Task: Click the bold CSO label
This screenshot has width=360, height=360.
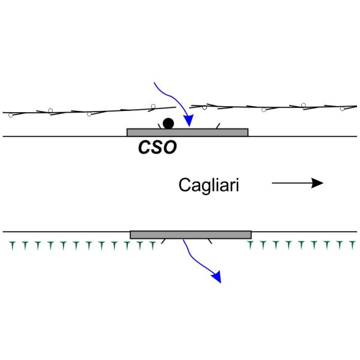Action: pyautogui.click(x=158, y=147)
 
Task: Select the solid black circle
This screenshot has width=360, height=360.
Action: pyautogui.click(x=169, y=123)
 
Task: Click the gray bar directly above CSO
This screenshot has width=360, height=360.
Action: pyautogui.click(x=187, y=132)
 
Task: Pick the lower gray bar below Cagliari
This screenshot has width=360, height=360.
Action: pyautogui.click(x=190, y=234)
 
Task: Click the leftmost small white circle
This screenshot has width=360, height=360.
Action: pyautogui.click(x=50, y=110)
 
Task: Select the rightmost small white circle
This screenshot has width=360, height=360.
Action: pyautogui.click(x=343, y=109)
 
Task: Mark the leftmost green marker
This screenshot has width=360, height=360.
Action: pyautogui.click(x=11, y=244)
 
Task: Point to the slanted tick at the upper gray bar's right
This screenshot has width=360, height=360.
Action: pyautogui.click(x=217, y=125)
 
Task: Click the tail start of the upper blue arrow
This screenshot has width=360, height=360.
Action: pyautogui.click(x=155, y=82)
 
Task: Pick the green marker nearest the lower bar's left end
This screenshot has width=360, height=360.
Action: pyautogui.click(x=153, y=244)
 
